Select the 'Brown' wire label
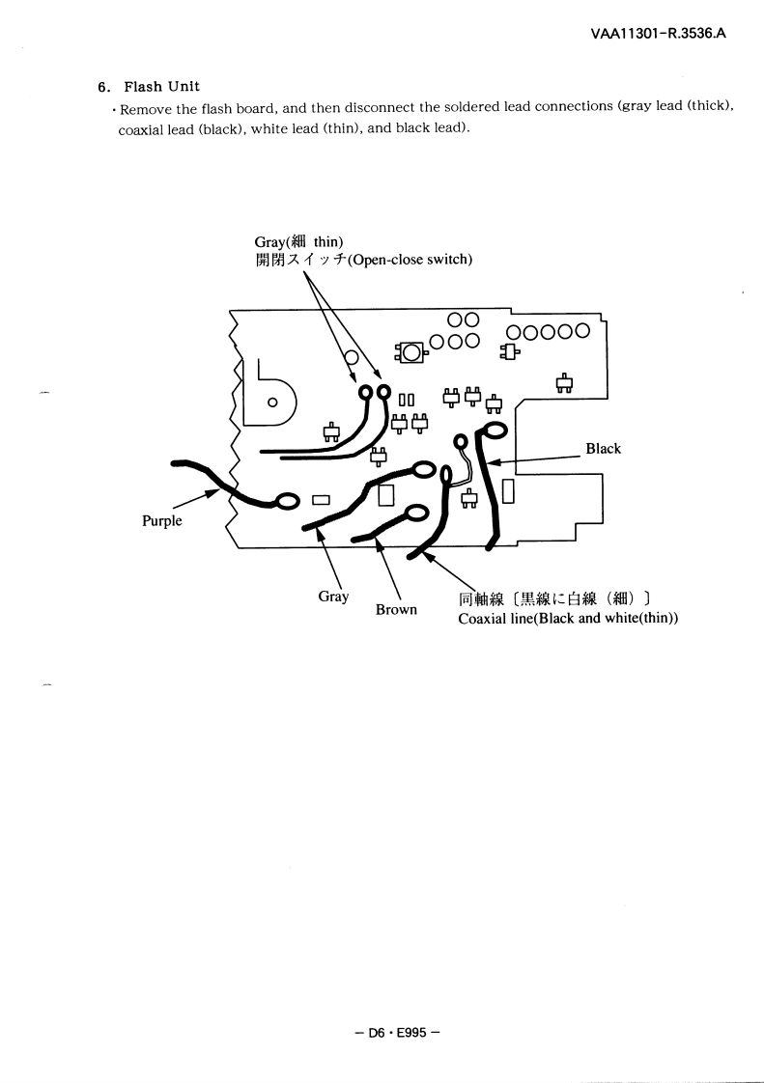point(396,610)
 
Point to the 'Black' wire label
point(603,449)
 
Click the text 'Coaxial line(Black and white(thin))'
point(567,618)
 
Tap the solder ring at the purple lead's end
point(287,501)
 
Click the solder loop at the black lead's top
point(492,430)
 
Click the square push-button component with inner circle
point(410,352)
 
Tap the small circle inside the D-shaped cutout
point(272,402)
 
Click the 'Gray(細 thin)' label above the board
point(299,241)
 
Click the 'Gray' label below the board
point(333,597)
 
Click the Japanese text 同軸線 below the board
point(480,598)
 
